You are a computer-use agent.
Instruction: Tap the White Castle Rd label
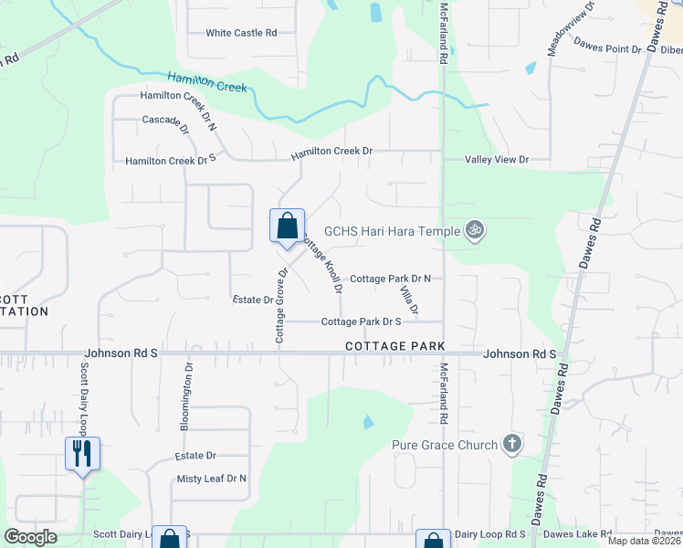point(241,33)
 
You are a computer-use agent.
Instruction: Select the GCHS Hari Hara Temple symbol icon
point(473,230)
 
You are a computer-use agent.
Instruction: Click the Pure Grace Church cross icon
point(512,445)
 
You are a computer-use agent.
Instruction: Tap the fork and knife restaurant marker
point(82,452)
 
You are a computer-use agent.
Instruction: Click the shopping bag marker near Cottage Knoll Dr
point(287,225)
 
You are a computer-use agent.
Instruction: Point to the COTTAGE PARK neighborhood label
point(394,347)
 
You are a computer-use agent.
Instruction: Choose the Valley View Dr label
point(497,160)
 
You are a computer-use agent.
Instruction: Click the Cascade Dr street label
point(165,121)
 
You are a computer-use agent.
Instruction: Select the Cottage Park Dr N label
point(390,279)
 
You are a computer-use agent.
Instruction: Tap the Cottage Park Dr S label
point(361,321)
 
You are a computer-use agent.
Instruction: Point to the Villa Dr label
point(408,300)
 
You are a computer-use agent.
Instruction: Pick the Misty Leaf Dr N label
point(212,479)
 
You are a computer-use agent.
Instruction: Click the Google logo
point(30,537)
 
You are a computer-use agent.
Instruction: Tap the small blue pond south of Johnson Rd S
point(367,422)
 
